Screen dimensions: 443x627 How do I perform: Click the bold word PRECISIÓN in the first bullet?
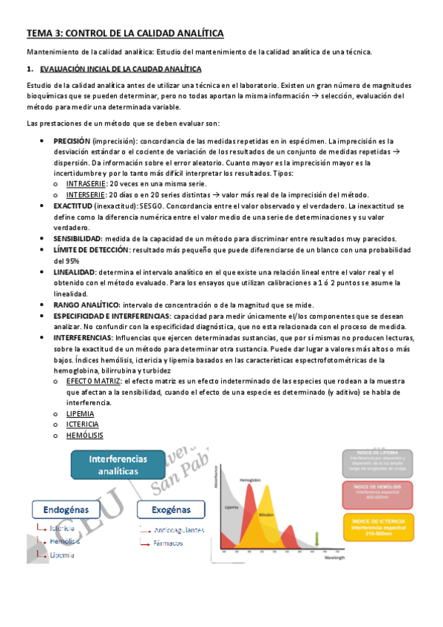pyautogui.click(x=72, y=140)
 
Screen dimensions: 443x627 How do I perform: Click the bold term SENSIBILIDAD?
pyautogui.click(x=78, y=238)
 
